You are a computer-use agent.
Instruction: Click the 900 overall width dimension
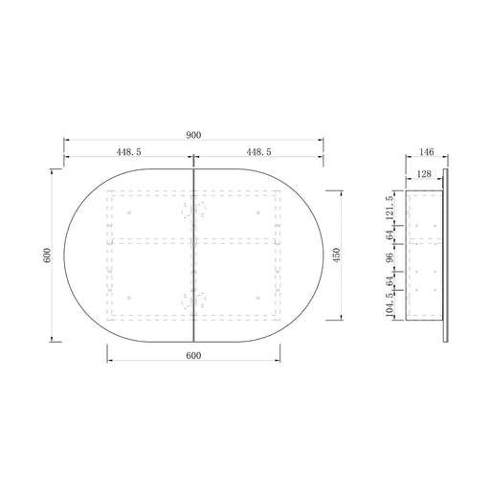(193, 135)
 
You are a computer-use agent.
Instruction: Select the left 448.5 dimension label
(128, 152)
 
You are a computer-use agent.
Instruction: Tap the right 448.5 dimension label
(258, 152)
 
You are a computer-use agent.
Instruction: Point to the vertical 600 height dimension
(47, 256)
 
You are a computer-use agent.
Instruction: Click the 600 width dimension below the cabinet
(193, 355)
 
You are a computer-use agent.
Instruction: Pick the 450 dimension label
(337, 256)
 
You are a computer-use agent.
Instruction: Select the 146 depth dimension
(427, 152)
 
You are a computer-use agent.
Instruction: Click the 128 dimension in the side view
(424, 174)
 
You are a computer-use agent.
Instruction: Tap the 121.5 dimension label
(390, 208)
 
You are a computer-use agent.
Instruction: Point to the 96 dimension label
(390, 257)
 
